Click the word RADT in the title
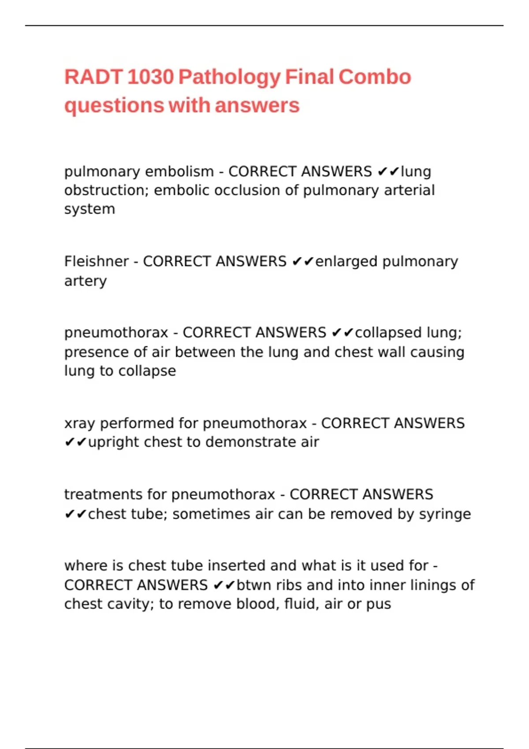[x=93, y=77]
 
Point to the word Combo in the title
[x=375, y=77]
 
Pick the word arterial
[x=409, y=190]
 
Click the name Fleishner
[x=97, y=261]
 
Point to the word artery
[x=86, y=281]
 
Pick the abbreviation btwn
[x=253, y=585]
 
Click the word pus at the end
[x=379, y=604]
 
